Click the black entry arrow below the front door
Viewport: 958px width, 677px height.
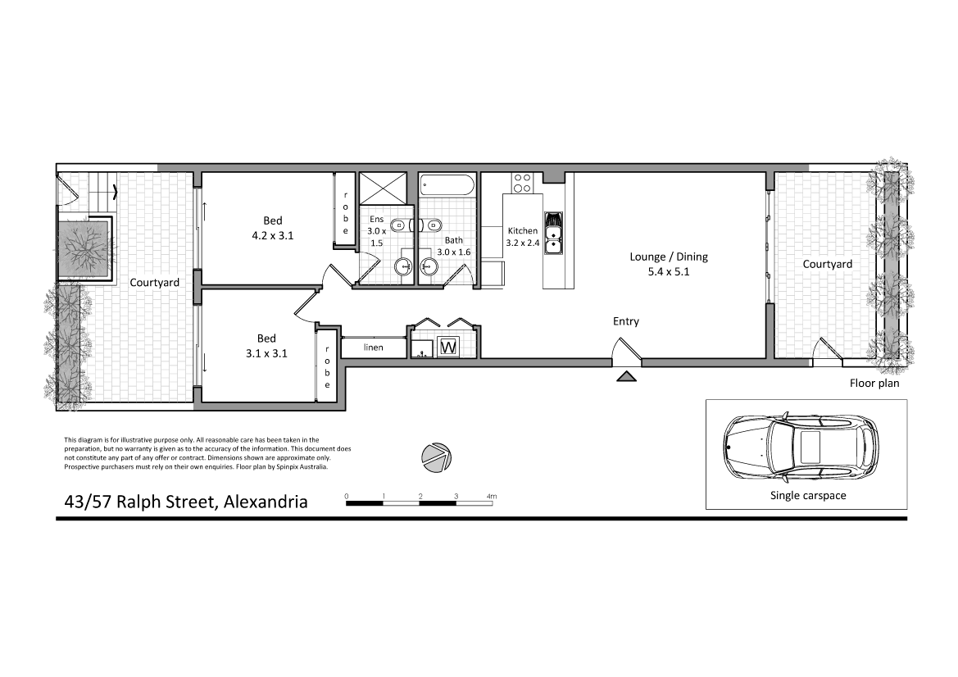[627, 376]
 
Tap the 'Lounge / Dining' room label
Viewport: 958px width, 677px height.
[668, 264]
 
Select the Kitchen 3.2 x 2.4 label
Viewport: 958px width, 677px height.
[522, 237]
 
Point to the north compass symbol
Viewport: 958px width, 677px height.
[435, 457]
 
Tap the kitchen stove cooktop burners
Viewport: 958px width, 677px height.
[521, 180]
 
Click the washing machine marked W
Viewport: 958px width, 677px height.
[449, 348]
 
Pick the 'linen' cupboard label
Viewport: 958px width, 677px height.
[374, 348]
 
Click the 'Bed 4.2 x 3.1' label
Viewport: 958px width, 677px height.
[272, 228]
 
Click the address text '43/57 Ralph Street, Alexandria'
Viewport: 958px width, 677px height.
[187, 502]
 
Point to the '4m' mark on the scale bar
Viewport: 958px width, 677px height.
[492, 497]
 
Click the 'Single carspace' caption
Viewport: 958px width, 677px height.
[807, 496]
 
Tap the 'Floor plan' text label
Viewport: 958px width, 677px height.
[874, 383]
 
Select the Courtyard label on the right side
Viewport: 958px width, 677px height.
[827, 264]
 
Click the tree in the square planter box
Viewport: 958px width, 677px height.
[85, 248]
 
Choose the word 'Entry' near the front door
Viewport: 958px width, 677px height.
[626, 321]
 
